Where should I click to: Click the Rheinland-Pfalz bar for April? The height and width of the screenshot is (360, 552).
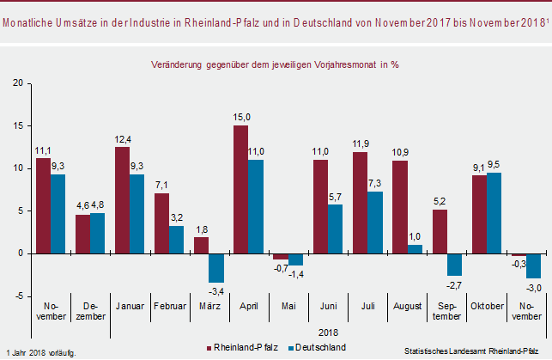241,189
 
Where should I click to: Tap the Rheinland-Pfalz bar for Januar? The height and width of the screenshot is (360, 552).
123,200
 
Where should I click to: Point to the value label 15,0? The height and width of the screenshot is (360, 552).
241,118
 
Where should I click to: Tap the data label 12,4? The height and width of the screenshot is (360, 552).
123,140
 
